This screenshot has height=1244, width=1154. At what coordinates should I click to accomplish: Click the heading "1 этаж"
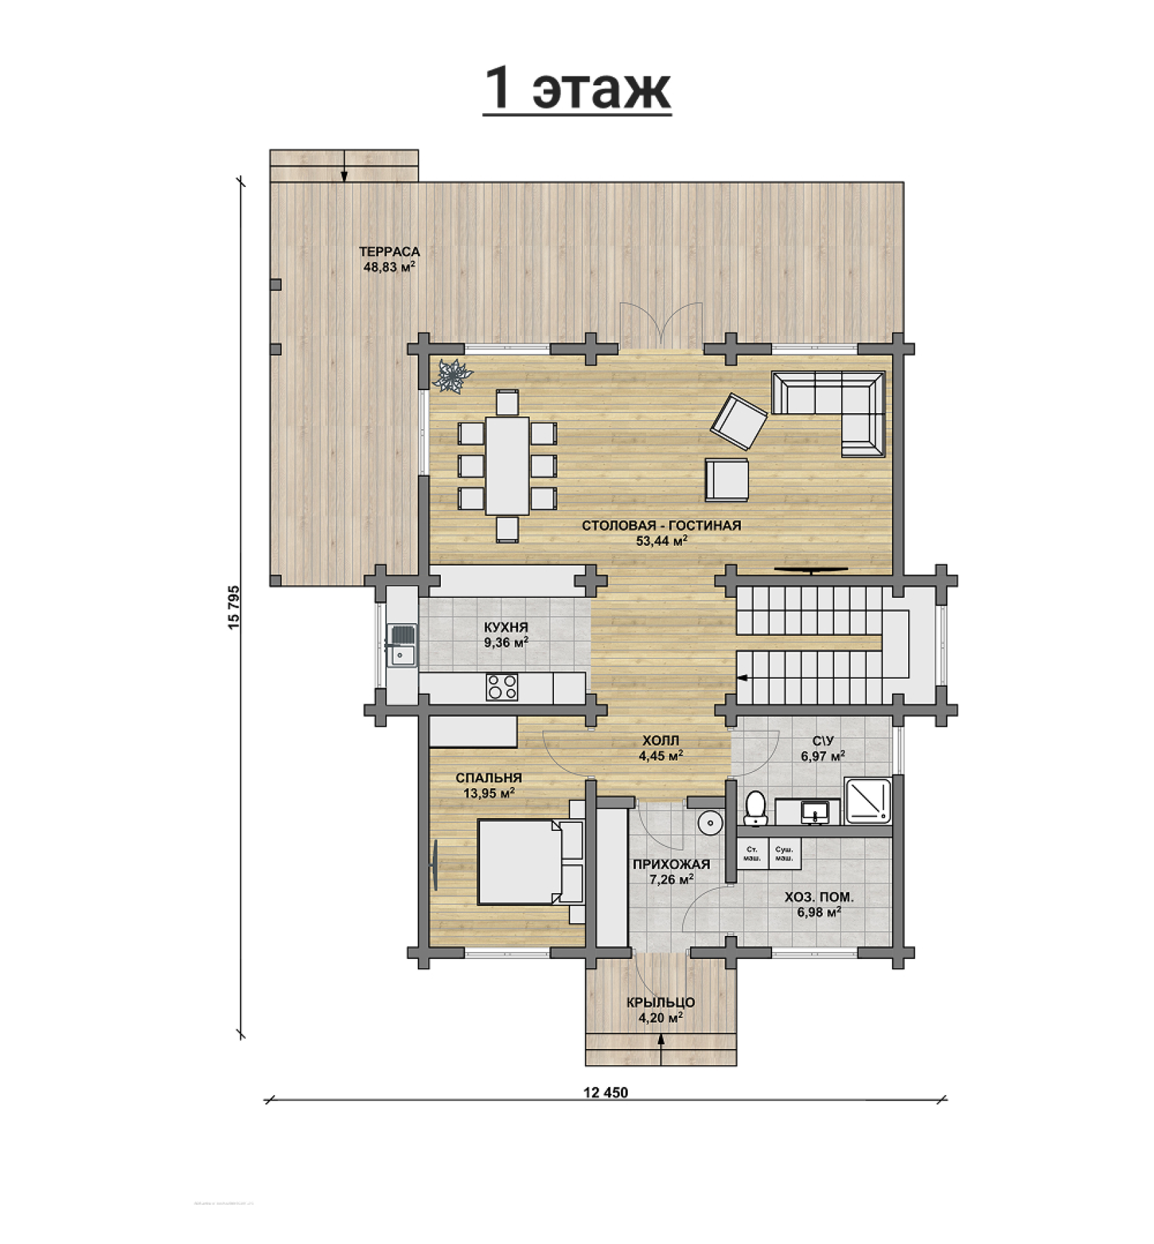click(577, 89)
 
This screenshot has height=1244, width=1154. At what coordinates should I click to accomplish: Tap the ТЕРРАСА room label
click(389, 252)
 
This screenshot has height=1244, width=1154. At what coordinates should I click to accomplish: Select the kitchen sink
click(402, 646)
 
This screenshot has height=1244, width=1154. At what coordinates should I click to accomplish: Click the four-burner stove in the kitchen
click(502, 687)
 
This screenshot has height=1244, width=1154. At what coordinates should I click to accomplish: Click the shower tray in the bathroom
click(868, 800)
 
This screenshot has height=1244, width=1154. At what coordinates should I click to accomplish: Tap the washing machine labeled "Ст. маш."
click(752, 853)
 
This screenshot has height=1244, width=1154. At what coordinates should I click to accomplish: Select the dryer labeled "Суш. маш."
click(785, 853)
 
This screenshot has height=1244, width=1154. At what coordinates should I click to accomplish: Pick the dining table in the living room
click(507, 465)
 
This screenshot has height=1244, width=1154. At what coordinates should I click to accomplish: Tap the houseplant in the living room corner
click(453, 375)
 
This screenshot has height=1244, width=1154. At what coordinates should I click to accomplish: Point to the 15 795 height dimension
click(234, 607)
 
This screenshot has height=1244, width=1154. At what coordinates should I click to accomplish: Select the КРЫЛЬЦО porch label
click(660, 1002)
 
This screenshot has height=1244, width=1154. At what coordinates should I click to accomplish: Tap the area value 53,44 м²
click(662, 540)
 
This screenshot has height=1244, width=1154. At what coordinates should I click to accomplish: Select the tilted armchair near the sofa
click(738, 421)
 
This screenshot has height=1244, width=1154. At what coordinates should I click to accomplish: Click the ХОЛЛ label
click(660, 741)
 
